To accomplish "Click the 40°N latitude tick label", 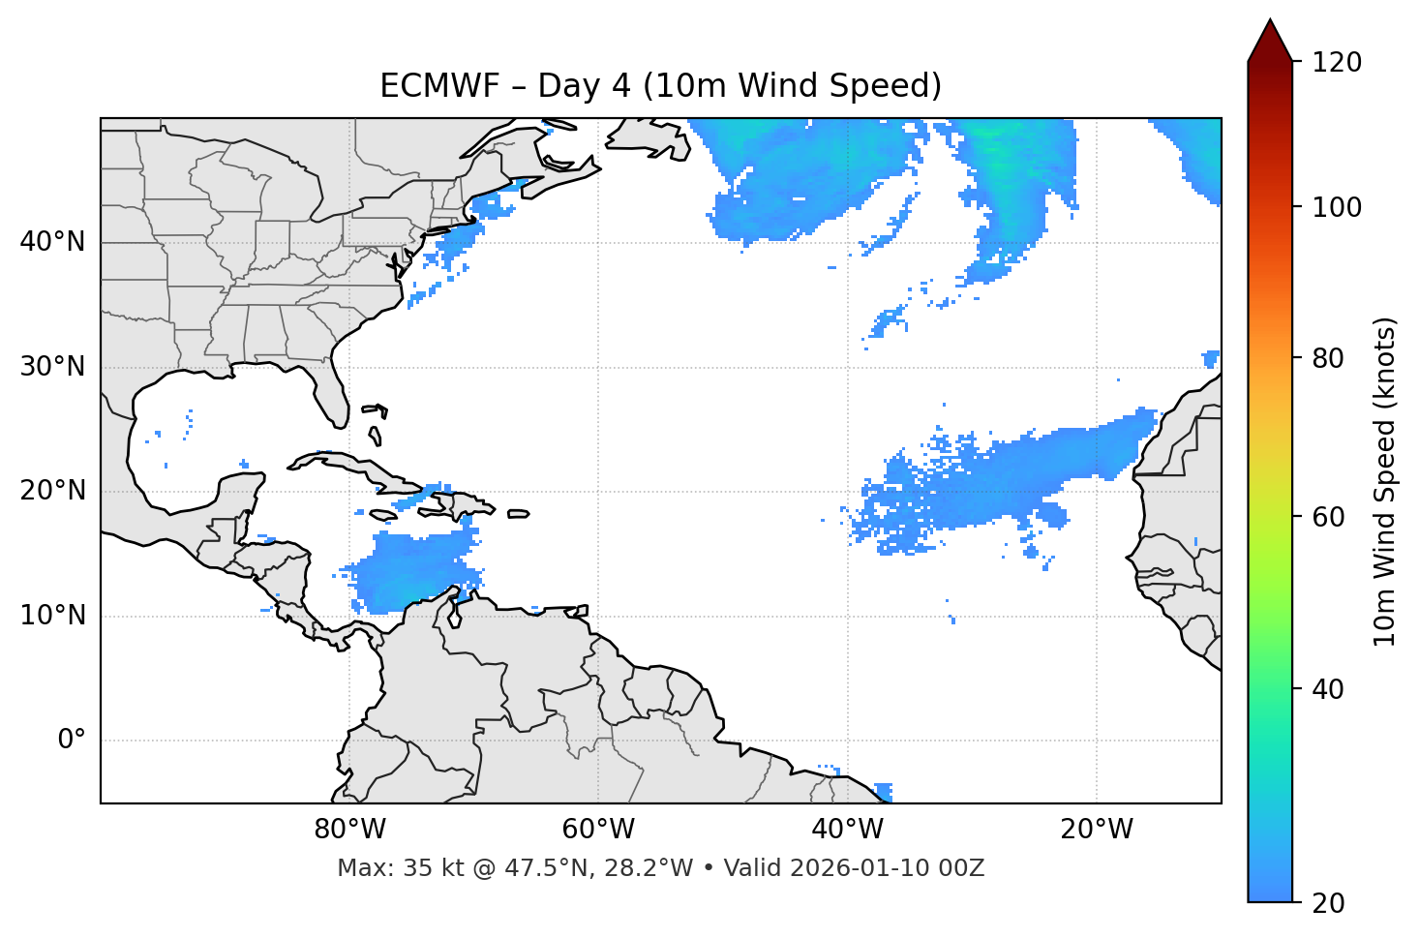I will pyautogui.click(x=52, y=242).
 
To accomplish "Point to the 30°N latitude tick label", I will pyautogui.click(x=52, y=367).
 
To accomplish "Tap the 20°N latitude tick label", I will pyautogui.click(x=52, y=491).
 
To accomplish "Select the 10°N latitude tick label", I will pyautogui.click(x=52, y=616).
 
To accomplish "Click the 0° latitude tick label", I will pyautogui.click(x=72, y=741).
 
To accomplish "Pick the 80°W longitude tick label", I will pyautogui.click(x=349, y=830).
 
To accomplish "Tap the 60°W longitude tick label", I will pyautogui.click(x=598, y=830).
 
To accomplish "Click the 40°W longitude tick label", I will pyautogui.click(x=847, y=830).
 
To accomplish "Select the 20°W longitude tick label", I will pyautogui.click(x=1096, y=830).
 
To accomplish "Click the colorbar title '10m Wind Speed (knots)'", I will pyautogui.click(x=1385, y=481).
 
